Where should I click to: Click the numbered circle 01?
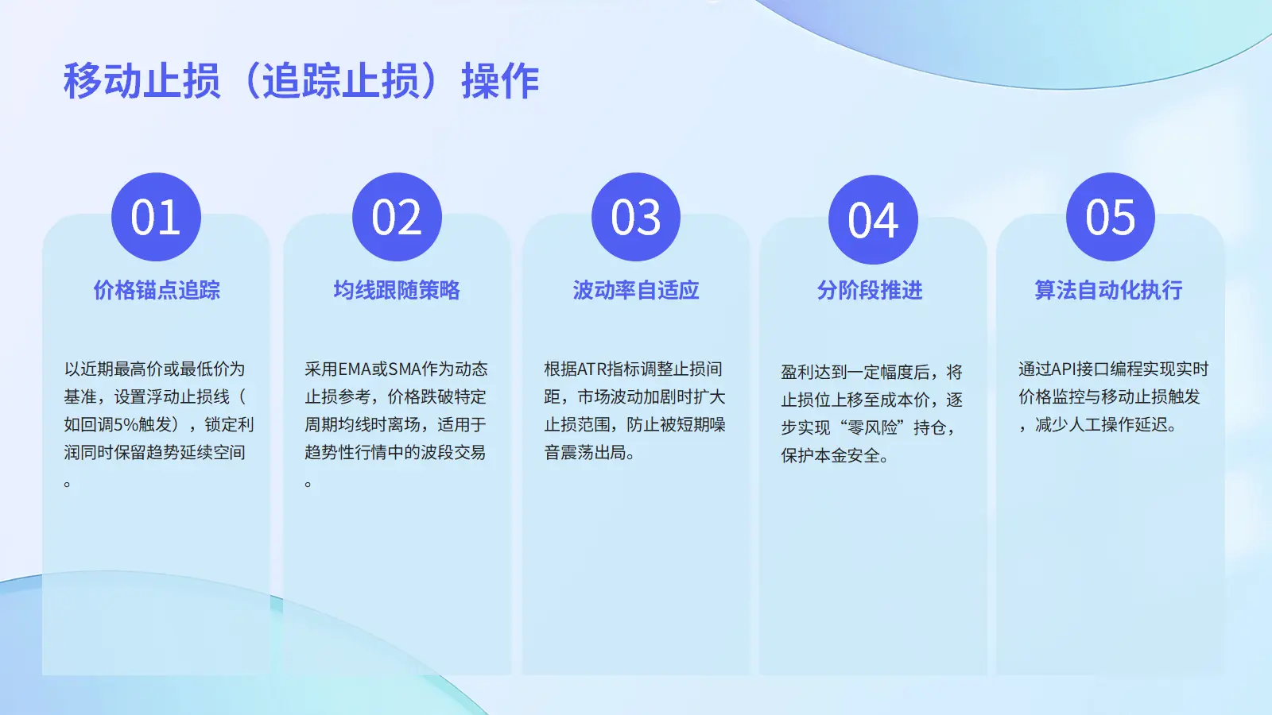click(x=156, y=217)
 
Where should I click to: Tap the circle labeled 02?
click(x=397, y=217)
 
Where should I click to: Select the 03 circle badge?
click(x=636, y=217)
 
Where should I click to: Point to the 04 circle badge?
click(x=873, y=219)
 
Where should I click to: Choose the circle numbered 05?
click(x=1110, y=217)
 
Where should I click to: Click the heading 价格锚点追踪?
click(x=157, y=290)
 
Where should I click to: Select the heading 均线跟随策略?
click(x=397, y=290)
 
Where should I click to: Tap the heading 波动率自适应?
click(x=636, y=290)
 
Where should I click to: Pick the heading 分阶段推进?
click(x=870, y=291)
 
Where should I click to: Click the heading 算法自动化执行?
click(x=1108, y=290)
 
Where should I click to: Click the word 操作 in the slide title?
click(x=500, y=81)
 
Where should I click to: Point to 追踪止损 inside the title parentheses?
click(x=341, y=81)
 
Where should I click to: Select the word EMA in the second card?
click(x=355, y=369)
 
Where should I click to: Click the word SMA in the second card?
click(x=405, y=369)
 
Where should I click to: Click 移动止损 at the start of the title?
click(x=142, y=81)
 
